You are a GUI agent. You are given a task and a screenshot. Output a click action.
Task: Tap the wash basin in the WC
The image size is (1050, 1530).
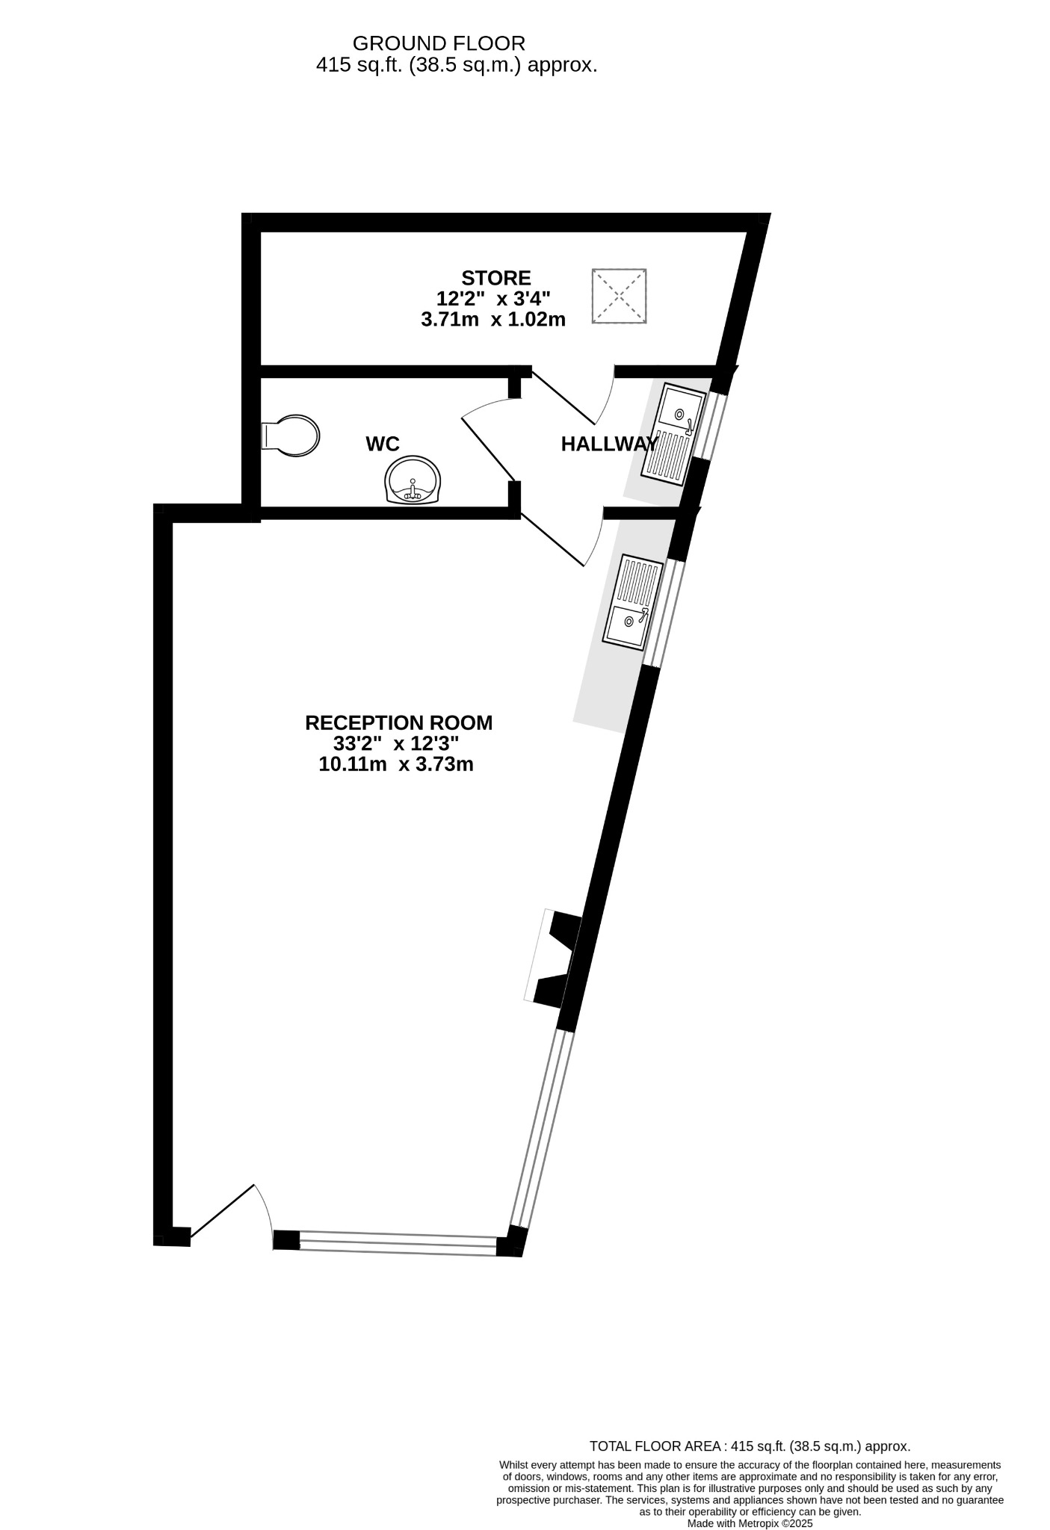tap(413, 480)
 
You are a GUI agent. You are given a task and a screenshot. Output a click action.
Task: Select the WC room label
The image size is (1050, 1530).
tap(382, 445)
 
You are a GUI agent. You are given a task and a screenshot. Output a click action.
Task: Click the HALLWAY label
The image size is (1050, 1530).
tap(609, 445)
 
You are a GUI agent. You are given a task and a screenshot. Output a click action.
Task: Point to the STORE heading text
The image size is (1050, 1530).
tap(495, 278)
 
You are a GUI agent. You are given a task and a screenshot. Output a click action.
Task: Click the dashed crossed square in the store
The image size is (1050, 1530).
tap(619, 296)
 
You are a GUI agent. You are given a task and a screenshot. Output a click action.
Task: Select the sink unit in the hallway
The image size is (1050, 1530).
tap(672, 434)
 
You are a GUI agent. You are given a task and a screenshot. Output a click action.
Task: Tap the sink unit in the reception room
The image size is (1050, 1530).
tap(633, 601)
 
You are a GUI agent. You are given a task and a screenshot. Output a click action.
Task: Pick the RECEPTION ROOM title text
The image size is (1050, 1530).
tap(398, 722)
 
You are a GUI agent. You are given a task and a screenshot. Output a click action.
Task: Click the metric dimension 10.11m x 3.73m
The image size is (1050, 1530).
tap(396, 764)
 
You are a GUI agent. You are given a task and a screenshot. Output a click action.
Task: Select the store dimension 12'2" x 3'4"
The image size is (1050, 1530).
tap(493, 299)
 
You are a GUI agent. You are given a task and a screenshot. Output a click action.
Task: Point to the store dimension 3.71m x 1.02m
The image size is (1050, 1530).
tap(493, 320)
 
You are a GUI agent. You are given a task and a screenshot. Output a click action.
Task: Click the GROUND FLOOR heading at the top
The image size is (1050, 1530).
tap(439, 43)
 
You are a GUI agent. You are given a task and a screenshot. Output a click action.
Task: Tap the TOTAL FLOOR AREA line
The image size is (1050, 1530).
tap(750, 1446)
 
